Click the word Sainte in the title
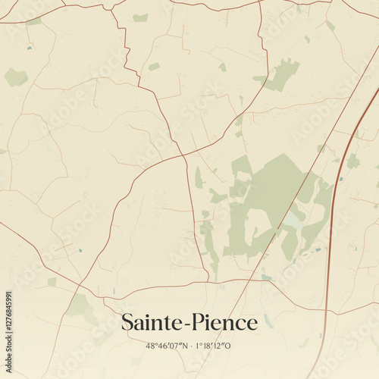tap(154, 323)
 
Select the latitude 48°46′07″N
tap(166, 346)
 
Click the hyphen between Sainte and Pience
tap(189, 324)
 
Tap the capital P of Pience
tap(202, 323)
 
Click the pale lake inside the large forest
tap(292, 221)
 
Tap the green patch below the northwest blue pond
tap(15, 77)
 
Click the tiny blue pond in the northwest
tap(30, 49)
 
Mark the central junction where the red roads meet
tap(183, 155)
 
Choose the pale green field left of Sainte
tap(80, 305)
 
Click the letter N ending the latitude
tap(184, 346)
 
